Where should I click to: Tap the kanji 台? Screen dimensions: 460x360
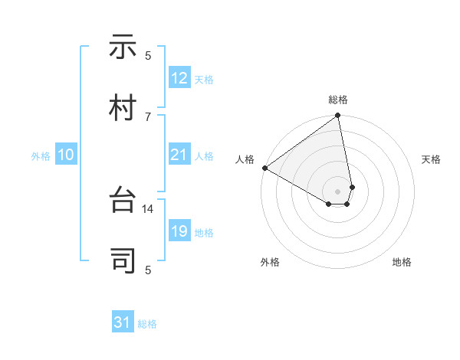(x=123, y=201)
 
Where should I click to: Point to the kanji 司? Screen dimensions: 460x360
(x=123, y=261)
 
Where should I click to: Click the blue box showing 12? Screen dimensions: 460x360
(x=179, y=78)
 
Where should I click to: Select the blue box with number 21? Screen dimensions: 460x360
(x=179, y=155)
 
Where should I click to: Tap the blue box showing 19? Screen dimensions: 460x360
(x=179, y=231)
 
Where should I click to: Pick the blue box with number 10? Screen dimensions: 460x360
(x=66, y=155)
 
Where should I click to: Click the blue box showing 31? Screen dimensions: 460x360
(x=123, y=322)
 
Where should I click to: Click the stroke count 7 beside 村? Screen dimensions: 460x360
(x=148, y=116)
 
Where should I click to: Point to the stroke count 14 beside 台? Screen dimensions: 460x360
(x=148, y=208)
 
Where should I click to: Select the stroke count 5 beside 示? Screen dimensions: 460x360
(x=148, y=55)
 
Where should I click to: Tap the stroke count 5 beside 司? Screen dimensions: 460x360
(x=148, y=269)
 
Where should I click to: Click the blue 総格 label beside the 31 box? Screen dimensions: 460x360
(x=147, y=324)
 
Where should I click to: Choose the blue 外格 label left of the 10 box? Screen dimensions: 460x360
(x=41, y=156)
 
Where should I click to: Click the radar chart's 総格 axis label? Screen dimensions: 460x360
(x=338, y=100)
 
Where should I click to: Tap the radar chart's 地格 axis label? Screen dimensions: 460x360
(x=402, y=262)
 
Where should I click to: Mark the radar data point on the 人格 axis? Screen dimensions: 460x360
(x=264, y=168)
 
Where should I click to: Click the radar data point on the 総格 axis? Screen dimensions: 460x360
(x=338, y=116)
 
